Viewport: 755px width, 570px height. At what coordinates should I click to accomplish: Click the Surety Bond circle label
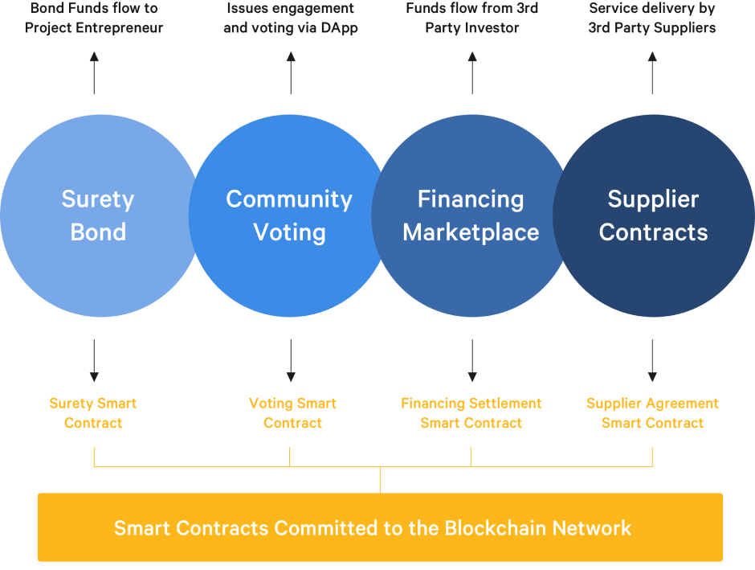(x=98, y=215)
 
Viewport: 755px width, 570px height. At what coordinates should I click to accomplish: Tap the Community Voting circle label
(x=289, y=215)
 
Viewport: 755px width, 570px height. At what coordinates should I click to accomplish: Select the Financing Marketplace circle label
(x=471, y=215)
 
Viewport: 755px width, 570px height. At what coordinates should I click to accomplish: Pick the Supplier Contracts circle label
(x=653, y=215)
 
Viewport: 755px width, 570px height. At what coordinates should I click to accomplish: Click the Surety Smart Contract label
(x=93, y=413)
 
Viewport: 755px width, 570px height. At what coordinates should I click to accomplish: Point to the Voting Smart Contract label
(x=292, y=413)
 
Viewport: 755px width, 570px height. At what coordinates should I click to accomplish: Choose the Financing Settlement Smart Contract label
(x=471, y=413)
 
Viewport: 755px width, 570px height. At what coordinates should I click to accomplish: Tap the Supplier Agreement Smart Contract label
(x=652, y=413)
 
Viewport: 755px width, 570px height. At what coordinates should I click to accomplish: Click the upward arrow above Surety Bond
(x=94, y=73)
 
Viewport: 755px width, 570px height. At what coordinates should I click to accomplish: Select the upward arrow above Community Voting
(x=291, y=73)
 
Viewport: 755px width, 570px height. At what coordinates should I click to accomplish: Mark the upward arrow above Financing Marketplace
(x=472, y=73)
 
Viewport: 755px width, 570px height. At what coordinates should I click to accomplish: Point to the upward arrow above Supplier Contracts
(x=652, y=73)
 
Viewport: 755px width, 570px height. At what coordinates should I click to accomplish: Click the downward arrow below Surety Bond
(x=94, y=361)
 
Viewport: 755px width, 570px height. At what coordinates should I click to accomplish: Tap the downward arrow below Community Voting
(x=291, y=361)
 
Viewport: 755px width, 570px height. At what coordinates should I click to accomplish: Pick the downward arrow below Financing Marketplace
(x=472, y=361)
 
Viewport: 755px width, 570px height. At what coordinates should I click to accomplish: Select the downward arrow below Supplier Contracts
(x=652, y=361)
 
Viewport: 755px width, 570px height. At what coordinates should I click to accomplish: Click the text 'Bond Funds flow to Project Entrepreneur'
(x=94, y=18)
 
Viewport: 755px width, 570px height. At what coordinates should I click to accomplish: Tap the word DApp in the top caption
(x=337, y=27)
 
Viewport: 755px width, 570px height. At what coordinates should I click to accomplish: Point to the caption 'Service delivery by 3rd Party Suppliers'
(x=652, y=18)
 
